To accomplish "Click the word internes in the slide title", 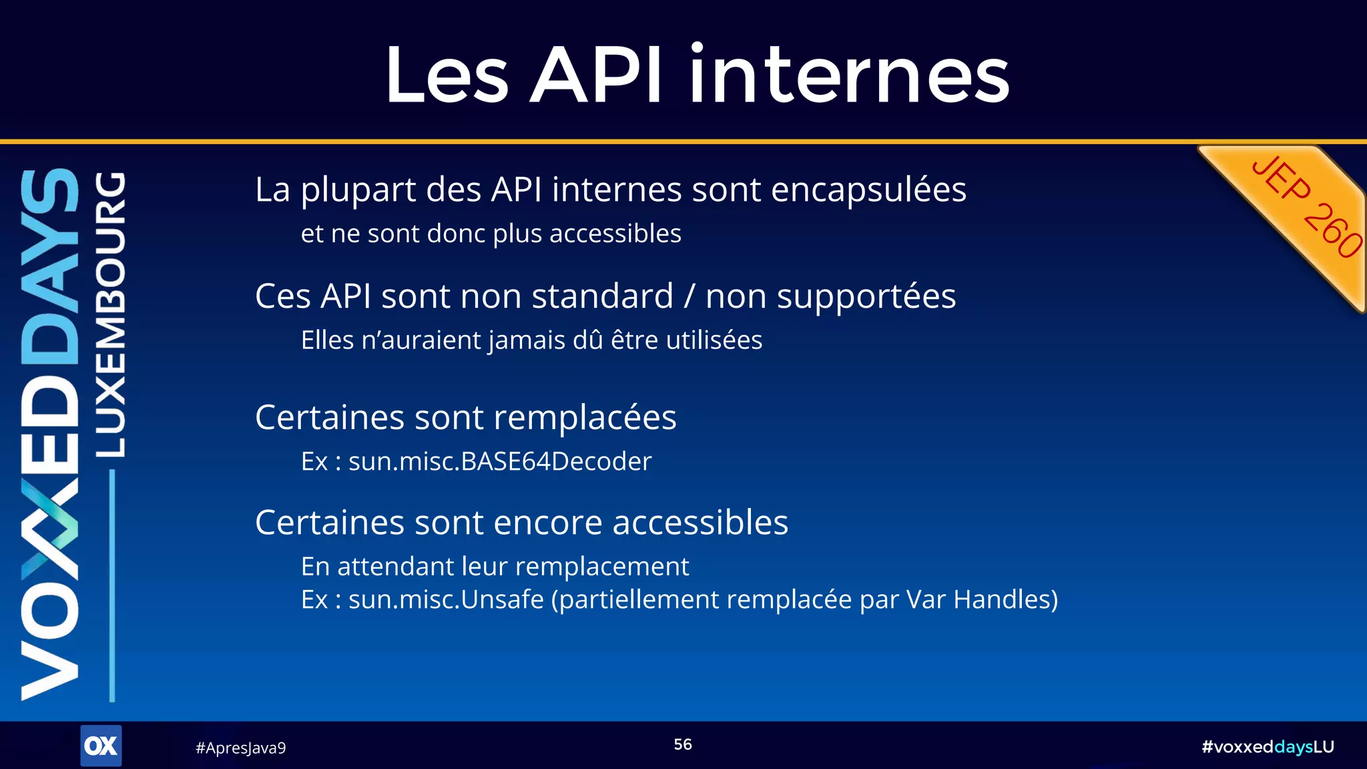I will tap(849, 75).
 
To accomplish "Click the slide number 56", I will tap(682, 744).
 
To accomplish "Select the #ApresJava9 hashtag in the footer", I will tap(240, 748).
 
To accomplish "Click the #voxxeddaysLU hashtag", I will tap(1267, 746).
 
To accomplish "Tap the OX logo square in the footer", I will tap(101, 746).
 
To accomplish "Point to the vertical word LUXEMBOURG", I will tap(109, 314).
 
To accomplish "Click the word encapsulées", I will tap(868, 190).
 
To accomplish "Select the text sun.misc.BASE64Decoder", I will tap(499, 461).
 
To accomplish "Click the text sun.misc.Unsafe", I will tap(446, 599).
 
